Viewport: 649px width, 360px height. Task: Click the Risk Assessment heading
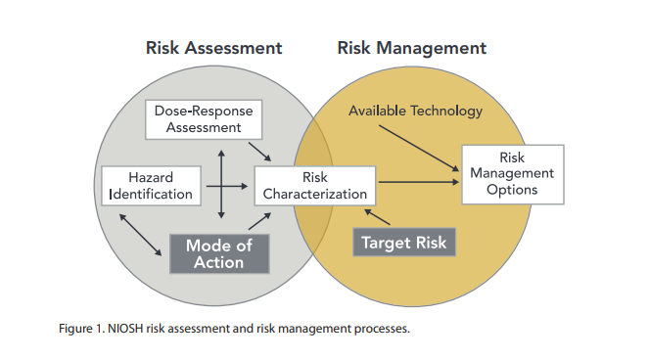click(x=213, y=47)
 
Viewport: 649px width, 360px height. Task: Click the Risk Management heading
click(x=411, y=47)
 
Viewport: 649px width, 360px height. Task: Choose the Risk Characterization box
click(x=314, y=185)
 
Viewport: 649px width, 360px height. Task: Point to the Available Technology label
click(x=416, y=111)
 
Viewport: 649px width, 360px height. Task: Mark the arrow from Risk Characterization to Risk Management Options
click(x=418, y=182)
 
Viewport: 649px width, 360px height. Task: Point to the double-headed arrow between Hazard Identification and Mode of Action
click(x=141, y=235)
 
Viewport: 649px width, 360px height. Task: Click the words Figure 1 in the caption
click(x=81, y=328)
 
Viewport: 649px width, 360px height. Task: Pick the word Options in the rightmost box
click(x=512, y=190)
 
